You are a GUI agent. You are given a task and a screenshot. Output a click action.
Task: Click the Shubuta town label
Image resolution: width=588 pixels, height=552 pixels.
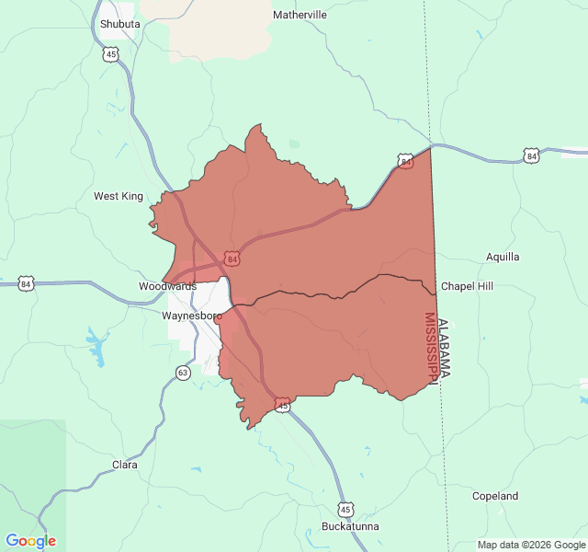point(119,24)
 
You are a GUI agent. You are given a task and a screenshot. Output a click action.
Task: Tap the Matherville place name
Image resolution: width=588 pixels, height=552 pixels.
point(300,15)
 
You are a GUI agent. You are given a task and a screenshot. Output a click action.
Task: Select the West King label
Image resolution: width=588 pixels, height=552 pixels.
point(119,196)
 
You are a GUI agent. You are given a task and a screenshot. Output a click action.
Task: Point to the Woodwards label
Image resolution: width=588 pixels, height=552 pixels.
point(167,286)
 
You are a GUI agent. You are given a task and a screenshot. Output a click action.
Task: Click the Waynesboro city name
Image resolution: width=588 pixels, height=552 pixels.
point(192,316)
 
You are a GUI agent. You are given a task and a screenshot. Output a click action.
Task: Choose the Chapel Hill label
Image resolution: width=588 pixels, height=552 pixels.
point(467,286)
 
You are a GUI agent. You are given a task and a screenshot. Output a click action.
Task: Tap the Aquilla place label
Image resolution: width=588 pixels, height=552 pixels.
point(503,257)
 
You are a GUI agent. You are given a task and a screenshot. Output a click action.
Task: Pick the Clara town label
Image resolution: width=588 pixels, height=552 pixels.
point(124,465)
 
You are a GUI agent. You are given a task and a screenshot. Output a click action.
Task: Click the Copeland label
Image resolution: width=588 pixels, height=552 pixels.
point(495,496)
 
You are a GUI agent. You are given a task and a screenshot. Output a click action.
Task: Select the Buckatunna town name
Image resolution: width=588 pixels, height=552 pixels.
point(350,526)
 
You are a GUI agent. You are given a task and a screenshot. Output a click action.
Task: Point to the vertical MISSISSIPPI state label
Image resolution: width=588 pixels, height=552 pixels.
point(430,348)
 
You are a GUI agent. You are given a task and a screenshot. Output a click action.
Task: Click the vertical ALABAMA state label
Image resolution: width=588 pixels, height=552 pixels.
point(445,348)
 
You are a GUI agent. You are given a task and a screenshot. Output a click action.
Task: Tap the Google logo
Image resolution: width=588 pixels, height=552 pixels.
point(30,541)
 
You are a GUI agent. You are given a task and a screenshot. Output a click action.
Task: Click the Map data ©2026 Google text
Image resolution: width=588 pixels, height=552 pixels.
point(530,545)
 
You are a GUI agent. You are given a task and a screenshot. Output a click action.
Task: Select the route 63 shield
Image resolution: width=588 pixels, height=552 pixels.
point(184,373)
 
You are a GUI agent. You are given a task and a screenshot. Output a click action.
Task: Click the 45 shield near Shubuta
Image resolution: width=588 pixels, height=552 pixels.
point(111,55)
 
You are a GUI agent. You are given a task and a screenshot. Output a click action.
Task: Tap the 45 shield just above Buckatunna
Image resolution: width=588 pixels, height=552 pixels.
point(345,509)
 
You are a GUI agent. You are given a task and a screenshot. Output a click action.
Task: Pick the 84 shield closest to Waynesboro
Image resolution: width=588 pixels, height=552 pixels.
point(232,259)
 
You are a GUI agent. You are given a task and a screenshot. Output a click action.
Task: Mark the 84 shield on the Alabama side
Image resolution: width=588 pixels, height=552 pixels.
point(531,156)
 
